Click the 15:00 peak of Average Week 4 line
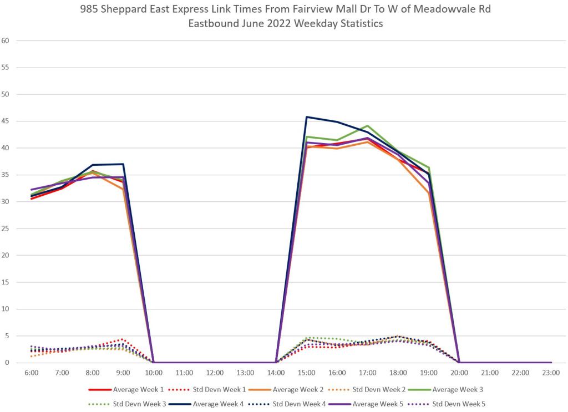(307, 117)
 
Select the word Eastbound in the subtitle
(211, 24)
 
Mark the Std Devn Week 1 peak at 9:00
(123, 339)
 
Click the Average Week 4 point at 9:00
(123, 164)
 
